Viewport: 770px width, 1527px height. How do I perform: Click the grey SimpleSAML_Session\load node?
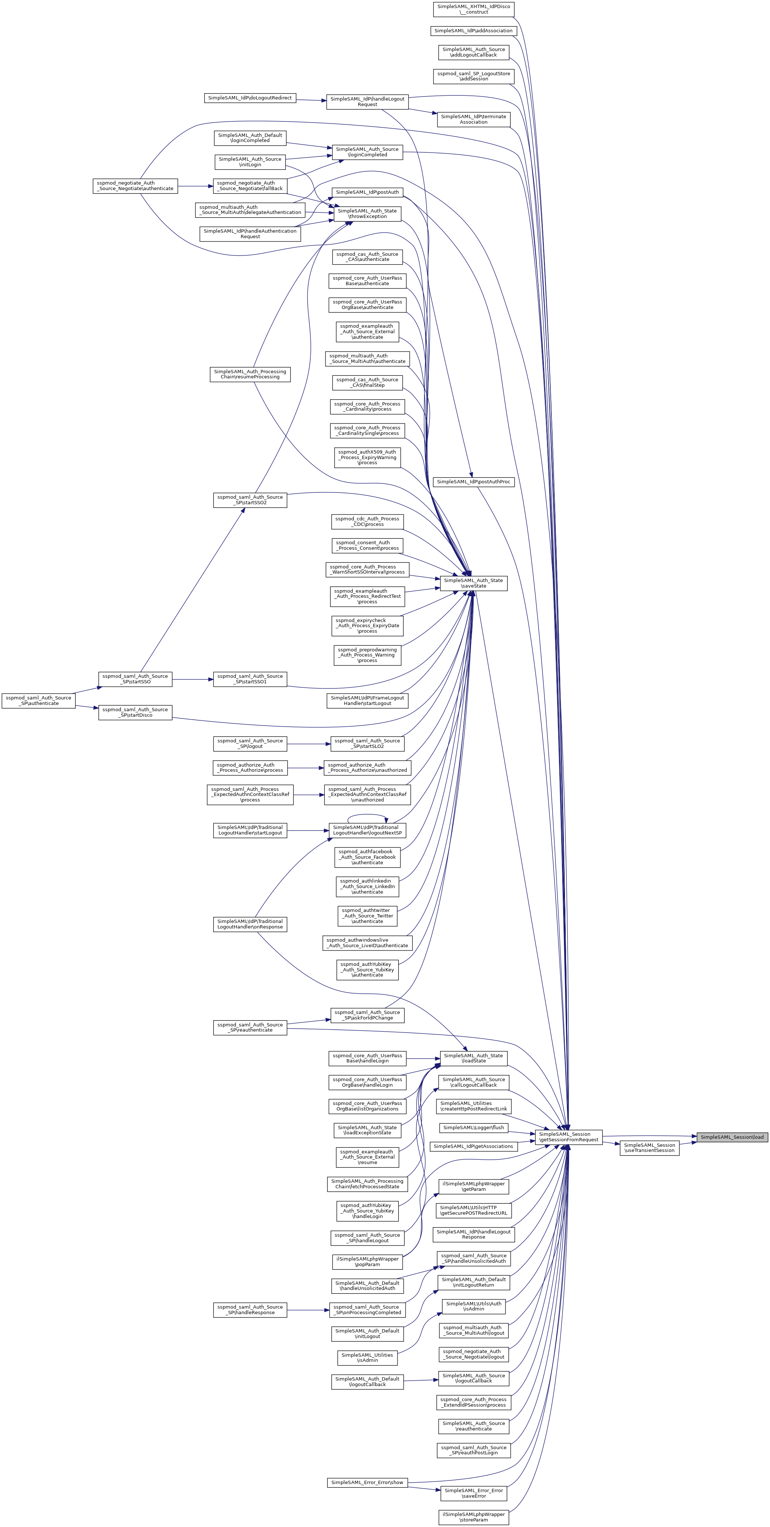(732, 1137)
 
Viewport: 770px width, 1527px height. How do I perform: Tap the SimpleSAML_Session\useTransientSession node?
(650, 1148)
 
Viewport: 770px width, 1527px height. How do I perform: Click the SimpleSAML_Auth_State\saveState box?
(474, 583)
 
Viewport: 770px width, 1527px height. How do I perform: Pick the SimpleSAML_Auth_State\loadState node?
(474, 1058)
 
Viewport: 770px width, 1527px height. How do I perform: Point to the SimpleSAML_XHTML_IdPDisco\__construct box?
(474, 9)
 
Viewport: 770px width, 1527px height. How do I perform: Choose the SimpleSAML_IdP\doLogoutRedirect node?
(250, 98)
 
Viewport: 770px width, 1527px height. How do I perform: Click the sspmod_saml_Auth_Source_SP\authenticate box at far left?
(39, 701)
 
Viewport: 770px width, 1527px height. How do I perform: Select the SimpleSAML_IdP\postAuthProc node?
(474, 482)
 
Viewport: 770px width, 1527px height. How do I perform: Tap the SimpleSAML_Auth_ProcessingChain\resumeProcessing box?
(250, 374)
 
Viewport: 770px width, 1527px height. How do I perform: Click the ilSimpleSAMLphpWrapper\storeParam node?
(474, 1517)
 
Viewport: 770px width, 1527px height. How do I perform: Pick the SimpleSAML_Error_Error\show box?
(367, 1483)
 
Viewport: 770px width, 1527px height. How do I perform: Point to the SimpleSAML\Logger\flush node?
(474, 1127)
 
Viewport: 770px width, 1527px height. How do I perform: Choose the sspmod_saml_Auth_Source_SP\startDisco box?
(135, 713)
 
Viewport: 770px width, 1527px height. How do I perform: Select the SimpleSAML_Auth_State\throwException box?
(368, 214)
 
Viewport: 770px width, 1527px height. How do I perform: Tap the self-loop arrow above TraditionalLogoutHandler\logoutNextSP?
(368, 816)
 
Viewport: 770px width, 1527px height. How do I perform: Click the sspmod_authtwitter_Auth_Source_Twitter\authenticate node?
(367, 916)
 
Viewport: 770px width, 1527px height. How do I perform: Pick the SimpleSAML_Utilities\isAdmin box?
(367, 1357)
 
